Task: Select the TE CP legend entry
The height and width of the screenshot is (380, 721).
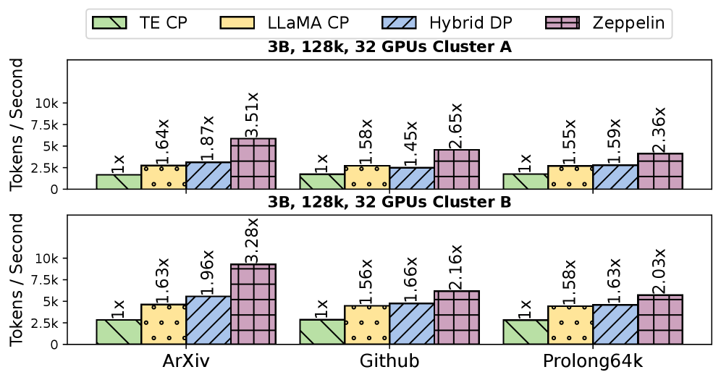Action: click(x=140, y=23)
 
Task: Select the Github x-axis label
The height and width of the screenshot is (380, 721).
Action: click(x=389, y=362)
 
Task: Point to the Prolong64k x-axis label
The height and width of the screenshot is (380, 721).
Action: click(x=593, y=362)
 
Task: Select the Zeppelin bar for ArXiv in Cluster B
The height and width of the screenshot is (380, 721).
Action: click(x=253, y=304)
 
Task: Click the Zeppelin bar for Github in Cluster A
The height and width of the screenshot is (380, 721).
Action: click(x=457, y=169)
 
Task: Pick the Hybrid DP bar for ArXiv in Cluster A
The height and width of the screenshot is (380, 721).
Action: click(x=208, y=175)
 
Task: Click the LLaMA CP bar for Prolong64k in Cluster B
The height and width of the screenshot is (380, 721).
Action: click(x=570, y=325)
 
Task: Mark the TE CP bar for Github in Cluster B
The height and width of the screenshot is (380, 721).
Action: click(x=321, y=332)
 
